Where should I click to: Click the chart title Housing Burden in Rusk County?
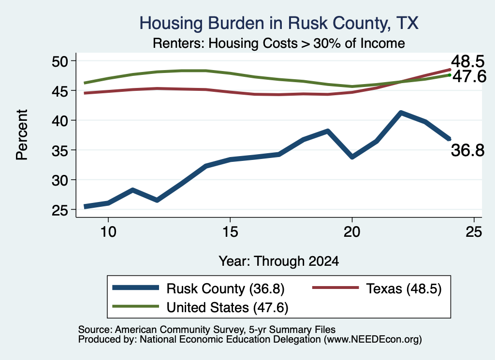coord(279,23)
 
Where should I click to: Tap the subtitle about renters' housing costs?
coord(279,43)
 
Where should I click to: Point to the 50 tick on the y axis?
coord(60,61)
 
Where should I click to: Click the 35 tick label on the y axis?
coord(60,150)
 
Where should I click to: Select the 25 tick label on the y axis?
coord(60,210)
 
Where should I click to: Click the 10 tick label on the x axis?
coord(108,232)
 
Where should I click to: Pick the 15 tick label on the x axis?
coord(230,232)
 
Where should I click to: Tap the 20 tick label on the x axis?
coord(352,232)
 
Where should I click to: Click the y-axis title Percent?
coord(22,135)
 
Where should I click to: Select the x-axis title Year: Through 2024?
coord(279,261)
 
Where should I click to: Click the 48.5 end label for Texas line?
coord(467,61)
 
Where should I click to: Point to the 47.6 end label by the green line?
coord(469,77)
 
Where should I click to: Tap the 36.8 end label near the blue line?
coord(467,150)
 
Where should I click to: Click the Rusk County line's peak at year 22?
coord(401,113)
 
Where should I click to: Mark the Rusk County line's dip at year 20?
coord(352,157)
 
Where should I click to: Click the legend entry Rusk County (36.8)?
coord(199,288)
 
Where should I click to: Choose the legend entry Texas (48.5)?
coord(377,288)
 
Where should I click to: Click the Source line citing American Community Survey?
coord(207,330)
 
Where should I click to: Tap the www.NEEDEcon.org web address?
coord(373,340)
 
